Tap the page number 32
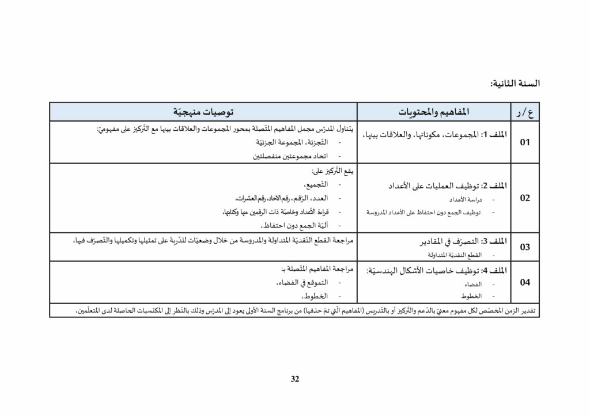295,379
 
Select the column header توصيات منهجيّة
204,111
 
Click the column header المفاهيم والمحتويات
434,111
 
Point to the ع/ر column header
523,111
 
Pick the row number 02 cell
524,198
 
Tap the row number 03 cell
524,247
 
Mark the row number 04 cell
524,282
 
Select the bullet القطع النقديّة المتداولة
455,255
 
